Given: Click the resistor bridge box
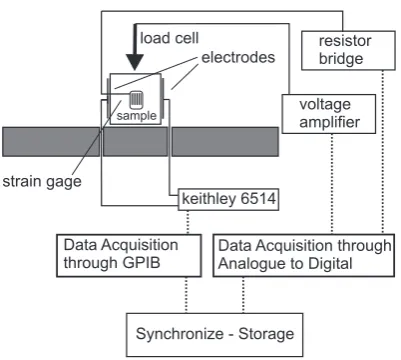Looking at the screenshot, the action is click(x=348, y=51).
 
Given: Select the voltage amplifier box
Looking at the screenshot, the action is click(x=329, y=114).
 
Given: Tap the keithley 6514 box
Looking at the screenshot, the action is click(x=229, y=200).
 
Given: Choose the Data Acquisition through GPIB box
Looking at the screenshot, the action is click(x=129, y=256).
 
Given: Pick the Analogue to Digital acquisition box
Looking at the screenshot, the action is click(x=304, y=256).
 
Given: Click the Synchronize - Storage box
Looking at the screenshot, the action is click(x=215, y=335).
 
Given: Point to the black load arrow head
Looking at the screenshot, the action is click(x=135, y=62).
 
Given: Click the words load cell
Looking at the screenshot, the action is click(x=169, y=38).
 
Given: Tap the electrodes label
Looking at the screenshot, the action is click(x=238, y=57).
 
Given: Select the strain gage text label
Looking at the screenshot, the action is click(x=42, y=182).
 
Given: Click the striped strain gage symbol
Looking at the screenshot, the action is click(x=137, y=100).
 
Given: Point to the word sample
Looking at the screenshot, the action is click(x=137, y=116).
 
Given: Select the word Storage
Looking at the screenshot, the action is click(x=266, y=334).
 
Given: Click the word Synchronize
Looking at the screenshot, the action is click(x=180, y=334).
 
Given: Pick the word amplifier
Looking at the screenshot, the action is click(x=330, y=122).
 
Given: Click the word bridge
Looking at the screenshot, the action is click(x=341, y=59).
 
